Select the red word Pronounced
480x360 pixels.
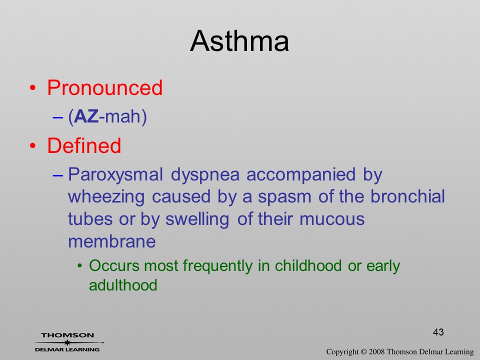(x=104, y=88)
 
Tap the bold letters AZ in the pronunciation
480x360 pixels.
(x=86, y=116)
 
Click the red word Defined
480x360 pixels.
(x=84, y=145)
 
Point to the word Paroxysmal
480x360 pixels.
(x=115, y=175)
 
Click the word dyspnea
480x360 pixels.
(x=205, y=175)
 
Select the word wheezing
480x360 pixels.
(x=106, y=197)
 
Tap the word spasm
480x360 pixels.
(x=284, y=197)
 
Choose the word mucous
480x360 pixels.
(x=332, y=219)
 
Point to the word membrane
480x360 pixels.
(x=111, y=241)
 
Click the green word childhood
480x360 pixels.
(x=308, y=265)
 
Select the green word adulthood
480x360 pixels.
(x=123, y=285)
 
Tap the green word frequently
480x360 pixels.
(x=217, y=266)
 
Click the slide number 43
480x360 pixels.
(x=438, y=332)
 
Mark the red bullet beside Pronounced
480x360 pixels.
(x=33, y=88)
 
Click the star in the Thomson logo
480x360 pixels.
(x=67, y=342)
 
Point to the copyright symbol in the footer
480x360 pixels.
(x=363, y=352)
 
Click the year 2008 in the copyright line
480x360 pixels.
(x=377, y=352)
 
